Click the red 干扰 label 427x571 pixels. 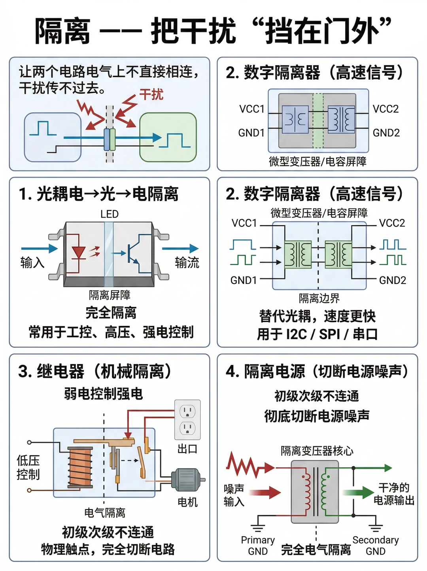[151, 94]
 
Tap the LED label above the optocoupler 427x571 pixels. [110, 214]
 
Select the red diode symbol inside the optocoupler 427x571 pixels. [79, 252]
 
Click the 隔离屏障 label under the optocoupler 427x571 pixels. [110, 295]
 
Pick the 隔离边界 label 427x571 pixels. [319, 298]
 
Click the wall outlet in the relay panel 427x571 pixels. [187, 420]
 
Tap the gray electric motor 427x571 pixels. [188, 480]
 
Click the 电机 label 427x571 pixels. [187, 502]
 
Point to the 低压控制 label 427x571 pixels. [28, 467]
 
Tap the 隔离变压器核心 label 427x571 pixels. [317, 451]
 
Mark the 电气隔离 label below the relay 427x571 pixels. [105, 513]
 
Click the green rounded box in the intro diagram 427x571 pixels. [168, 137]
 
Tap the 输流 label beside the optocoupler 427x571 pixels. [187, 263]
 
